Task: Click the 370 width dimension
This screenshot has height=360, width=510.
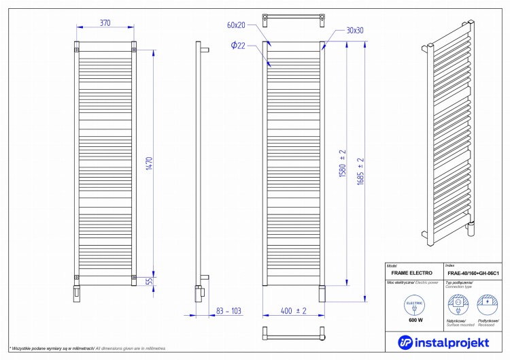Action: (105, 22)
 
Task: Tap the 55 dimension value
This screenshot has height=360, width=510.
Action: (149, 280)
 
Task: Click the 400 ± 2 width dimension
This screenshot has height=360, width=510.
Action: (294, 311)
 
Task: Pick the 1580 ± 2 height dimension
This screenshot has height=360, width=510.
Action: (343, 163)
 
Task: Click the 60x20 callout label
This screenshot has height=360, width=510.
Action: (236, 25)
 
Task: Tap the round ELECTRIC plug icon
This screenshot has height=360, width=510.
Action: (415, 304)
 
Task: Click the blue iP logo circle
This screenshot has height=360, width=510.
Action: (405, 340)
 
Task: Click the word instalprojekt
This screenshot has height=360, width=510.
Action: (453, 340)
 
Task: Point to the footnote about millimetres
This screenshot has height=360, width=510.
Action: (88, 348)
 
